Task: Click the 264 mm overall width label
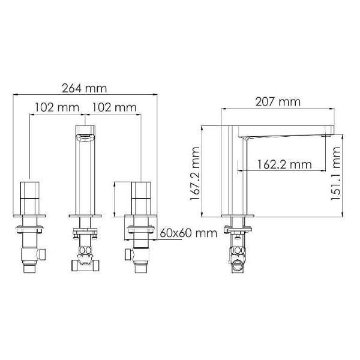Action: (x=85, y=89)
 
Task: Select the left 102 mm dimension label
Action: (x=57, y=107)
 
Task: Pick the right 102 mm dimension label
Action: (x=114, y=107)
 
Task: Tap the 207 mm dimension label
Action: (x=278, y=102)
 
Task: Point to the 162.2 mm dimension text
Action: (x=284, y=164)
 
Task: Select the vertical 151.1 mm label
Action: (x=335, y=173)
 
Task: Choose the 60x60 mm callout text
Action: (x=188, y=233)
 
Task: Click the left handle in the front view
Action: (x=29, y=199)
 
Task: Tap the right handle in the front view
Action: (x=141, y=199)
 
